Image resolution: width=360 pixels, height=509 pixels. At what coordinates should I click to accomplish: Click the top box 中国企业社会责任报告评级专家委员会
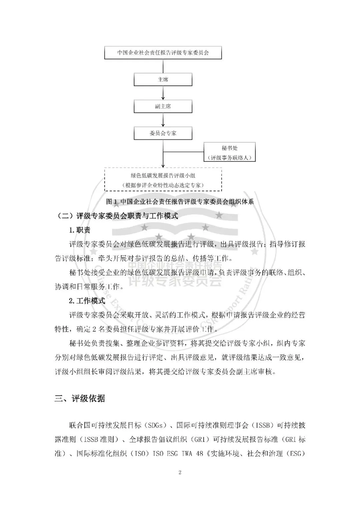coord(163,53)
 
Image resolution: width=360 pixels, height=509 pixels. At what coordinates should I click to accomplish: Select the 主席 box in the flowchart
coord(163,80)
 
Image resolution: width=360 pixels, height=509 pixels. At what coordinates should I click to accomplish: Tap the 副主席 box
coord(163,106)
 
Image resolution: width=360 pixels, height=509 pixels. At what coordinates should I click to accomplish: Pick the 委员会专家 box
coord(163,133)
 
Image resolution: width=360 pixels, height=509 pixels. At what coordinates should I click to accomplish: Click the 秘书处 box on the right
coord(230,152)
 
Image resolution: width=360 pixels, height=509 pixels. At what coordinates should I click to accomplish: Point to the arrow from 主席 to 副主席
coord(163,93)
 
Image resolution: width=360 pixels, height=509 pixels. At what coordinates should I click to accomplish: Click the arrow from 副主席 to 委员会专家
coord(163,120)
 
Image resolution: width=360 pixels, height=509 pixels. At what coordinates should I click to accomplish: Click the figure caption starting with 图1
coord(180,201)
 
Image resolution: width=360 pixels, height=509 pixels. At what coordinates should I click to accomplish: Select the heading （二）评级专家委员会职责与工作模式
coord(116,216)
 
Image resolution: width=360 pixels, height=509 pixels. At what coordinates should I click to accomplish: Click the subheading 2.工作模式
coord(87,301)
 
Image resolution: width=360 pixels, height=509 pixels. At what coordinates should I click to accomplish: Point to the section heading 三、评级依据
coord(80,398)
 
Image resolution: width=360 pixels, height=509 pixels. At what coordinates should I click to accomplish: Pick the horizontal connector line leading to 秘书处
coord(183,152)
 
